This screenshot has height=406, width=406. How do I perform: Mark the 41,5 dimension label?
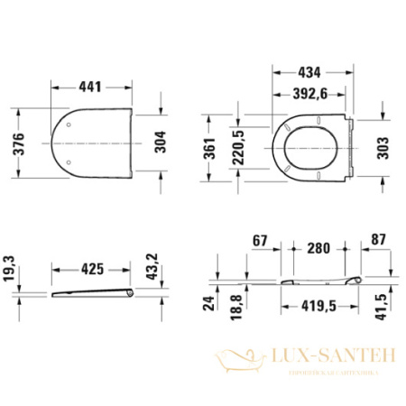(383, 308)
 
